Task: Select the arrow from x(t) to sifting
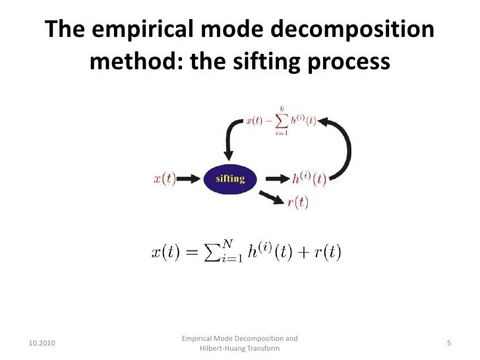(191, 179)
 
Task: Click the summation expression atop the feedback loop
(280, 120)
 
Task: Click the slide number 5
(448, 344)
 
